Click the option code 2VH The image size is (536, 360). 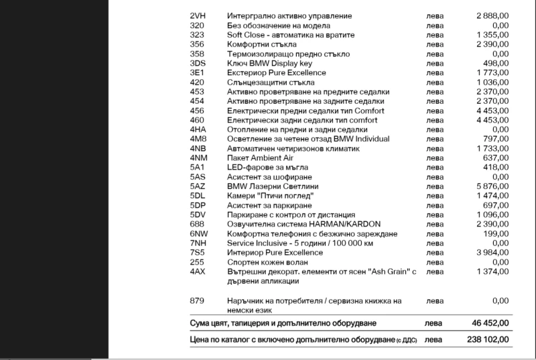point(198,15)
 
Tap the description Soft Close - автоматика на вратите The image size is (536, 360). point(291,34)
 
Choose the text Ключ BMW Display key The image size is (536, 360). point(270,63)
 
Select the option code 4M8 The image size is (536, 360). point(198,139)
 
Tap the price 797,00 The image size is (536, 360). point(496,139)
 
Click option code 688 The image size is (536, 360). point(197,223)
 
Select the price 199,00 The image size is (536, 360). point(496,233)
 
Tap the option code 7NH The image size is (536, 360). point(198,243)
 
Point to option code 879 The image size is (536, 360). point(197,300)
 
